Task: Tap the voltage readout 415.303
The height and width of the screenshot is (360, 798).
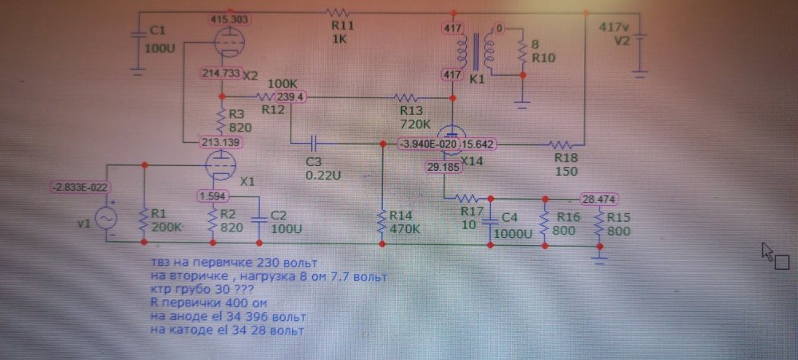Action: point(229,18)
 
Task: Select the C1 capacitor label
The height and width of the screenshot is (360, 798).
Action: point(157,30)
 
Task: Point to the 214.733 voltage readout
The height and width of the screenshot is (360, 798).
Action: point(221,73)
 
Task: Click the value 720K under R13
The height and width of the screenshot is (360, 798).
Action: point(415,125)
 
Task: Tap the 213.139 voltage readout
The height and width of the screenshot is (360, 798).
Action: point(221,143)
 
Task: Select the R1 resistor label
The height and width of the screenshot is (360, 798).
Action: point(159,214)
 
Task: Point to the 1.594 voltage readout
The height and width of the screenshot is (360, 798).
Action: point(212,195)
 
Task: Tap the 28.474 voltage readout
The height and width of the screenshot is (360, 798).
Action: point(598,198)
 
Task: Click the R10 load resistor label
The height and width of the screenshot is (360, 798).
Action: point(543,58)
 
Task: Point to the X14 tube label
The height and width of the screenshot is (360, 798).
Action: point(472,160)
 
